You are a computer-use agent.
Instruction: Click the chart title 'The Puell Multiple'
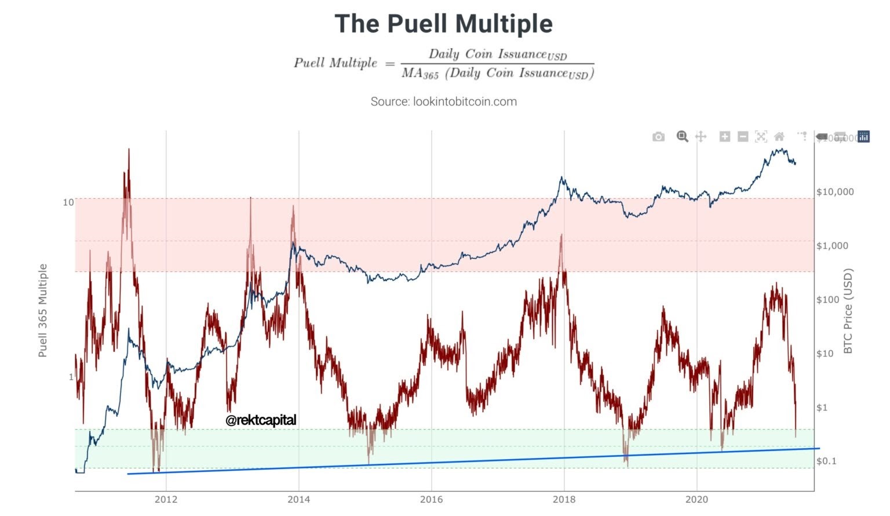pyautogui.click(x=444, y=24)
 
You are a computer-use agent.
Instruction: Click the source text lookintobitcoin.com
pyautogui.click(x=444, y=101)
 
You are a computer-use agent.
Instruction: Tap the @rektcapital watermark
pyautogui.click(x=261, y=420)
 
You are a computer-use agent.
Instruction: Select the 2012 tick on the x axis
pyautogui.click(x=166, y=500)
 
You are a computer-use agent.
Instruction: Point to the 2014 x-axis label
pyautogui.click(x=298, y=500)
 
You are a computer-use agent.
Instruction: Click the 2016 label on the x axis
pyautogui.click(x=431, y=500)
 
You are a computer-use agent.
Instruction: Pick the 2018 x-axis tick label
pyautogui.click(x=564, y=500)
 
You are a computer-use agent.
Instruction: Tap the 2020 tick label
pyautogui.click(x=696, y=500)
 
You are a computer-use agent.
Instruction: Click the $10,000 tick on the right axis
pyautogui.click(x=835, y=192)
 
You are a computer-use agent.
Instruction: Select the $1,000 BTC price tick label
pyautogui.click(x=832, y=246)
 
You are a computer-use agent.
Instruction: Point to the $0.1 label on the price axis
pyautogui.click(x=826, y=462)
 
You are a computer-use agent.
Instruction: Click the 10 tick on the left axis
pyautogui.click(x=68, y=202)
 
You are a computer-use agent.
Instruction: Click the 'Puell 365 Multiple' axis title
pyautogui.click(x=43, y=311)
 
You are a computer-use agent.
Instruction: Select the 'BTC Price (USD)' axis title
pyautogui.click(x=848, y=311)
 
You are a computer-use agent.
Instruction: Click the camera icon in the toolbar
pyautogui.click(x=658, y=137)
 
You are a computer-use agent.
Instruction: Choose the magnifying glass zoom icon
pyautogui.click(x=682, y=137)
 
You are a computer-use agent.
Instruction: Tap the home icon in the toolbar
pyautogui.click(x=779, y=137)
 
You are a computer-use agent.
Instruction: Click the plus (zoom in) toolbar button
pyautogui.click(x=724, y=137)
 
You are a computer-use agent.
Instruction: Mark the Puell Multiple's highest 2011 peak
pyautogui.click(x=129, y=149)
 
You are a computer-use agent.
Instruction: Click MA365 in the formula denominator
pyautogui.click(x=420, y=74)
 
